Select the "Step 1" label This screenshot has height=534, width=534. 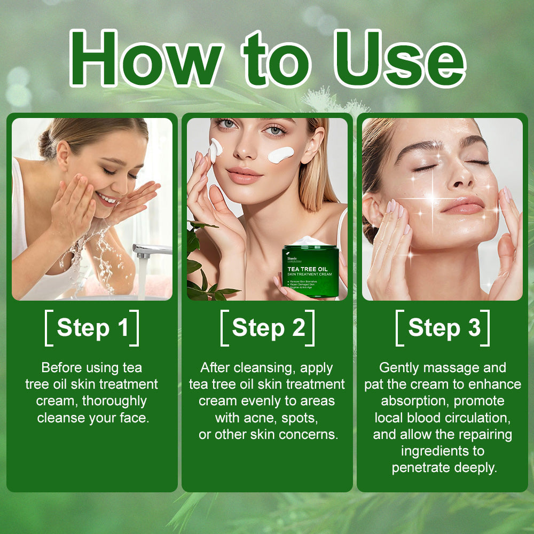(92, 328)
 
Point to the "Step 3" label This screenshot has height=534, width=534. (443, 328)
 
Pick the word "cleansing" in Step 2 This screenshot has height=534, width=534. (254, 368)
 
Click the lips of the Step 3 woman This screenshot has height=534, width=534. (461, 205)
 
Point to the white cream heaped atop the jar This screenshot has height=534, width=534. (310, 241)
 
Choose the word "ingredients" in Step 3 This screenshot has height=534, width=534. (443, 451)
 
